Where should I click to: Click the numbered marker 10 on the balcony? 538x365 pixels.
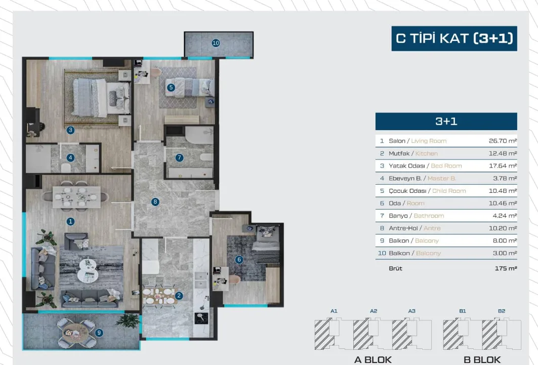(x=216, y=43)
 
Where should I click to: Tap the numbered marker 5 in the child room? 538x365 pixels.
(x=171, y=88)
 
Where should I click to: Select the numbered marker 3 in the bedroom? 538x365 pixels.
(x=70, y=130)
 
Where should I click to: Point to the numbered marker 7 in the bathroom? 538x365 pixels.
(x=179, y=157)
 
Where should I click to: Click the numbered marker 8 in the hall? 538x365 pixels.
(x=155, y=201)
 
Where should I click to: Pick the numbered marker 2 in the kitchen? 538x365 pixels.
(x=179, y=296)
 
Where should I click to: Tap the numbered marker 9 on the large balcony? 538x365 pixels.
(x=99, y=333)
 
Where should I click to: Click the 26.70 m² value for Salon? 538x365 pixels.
(x=503, y=141)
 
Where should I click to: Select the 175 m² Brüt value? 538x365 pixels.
(x=506, y=268)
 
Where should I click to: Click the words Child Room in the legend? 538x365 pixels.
(x=449, y=191)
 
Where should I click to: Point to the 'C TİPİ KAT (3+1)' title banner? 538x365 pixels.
(x=454, y=38)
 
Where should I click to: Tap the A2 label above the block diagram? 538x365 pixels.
(x=374, y=311)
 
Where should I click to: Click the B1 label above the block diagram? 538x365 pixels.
(x=463, y=311)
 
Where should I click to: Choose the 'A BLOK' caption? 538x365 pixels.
(x=373, y=359)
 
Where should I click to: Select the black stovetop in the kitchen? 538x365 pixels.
(x=201, y=318)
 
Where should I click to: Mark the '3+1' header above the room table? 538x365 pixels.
(x=446, y=121)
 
